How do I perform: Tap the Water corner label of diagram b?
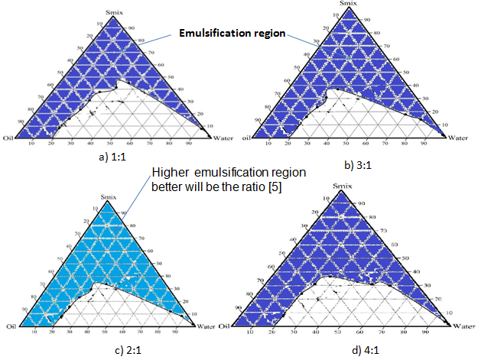pos(457,138)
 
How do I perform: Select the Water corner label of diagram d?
pos(463,326)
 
